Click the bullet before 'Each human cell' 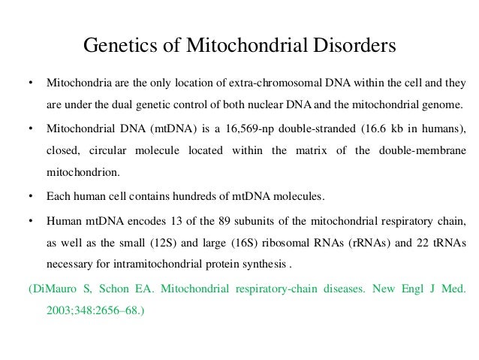[29, 197]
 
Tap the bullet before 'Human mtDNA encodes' [29, 221]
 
